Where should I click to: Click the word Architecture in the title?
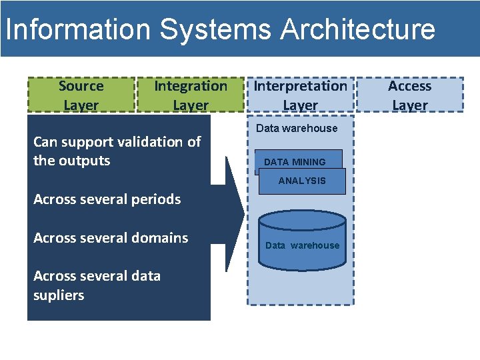point(358,30)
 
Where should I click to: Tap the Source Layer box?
point(81,95)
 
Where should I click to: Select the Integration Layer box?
point(190,95)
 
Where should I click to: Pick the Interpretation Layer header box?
point(300,95)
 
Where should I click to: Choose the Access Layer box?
point(409,95)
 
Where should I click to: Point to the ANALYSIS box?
point(302,181)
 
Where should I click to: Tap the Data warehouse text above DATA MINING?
point(297,128)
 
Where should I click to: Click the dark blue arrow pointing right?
point(230,214)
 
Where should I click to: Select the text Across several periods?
point(107,199)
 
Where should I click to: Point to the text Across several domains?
point(111,238)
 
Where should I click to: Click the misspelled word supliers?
point(59,295)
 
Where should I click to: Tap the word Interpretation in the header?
point(300,86)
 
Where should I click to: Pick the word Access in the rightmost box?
point(409,86)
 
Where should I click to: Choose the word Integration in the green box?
point(190,86)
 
